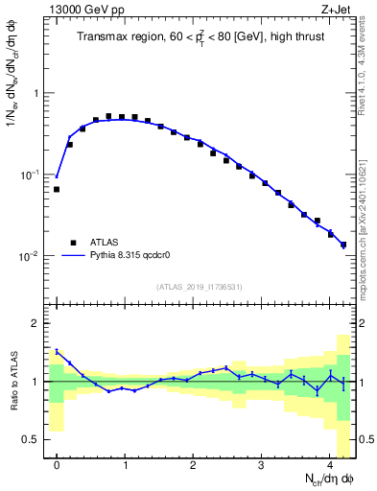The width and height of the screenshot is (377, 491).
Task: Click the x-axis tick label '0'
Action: point(57,463)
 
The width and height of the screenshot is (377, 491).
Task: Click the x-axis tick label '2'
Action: point(193,463)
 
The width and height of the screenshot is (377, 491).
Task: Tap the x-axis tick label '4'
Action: point(330,463)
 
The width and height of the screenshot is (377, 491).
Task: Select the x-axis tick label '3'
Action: point(262,463)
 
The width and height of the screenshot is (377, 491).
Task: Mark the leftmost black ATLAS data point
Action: point(57,189)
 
